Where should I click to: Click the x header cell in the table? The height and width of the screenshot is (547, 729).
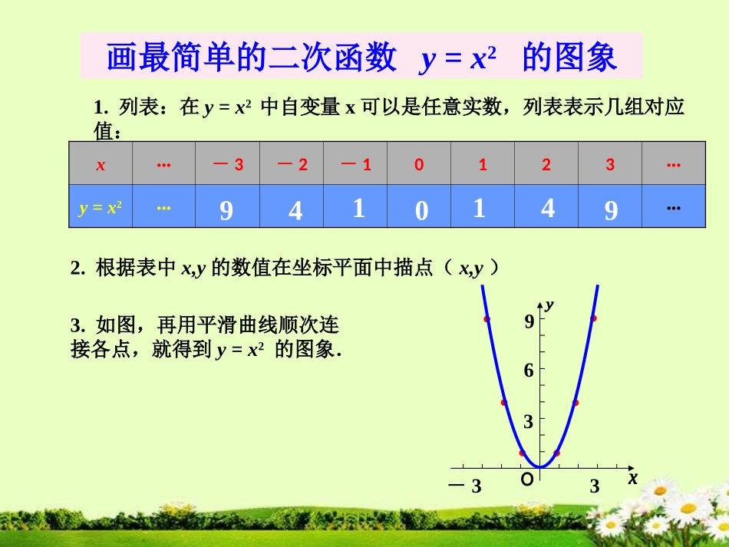[x=101, y=165]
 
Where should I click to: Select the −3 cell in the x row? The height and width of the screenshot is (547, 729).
[x=228, y=165]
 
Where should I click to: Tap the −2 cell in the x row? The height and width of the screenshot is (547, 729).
[x=292, y=165]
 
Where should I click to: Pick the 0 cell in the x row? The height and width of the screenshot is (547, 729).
[x=419, y=165]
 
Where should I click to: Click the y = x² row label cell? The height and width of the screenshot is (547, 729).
[x=101, y=207]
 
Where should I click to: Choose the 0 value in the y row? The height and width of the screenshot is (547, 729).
[x=421, y=210]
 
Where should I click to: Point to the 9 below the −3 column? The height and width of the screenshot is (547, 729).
[x=226, y=210]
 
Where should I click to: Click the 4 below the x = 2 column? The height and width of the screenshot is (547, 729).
[x=547, y=208]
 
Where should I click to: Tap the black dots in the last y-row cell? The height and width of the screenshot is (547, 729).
[x=674, y=207]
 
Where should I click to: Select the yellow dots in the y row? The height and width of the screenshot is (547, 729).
[x=163, y=207]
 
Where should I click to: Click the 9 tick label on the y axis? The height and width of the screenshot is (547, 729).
[x=529, y=322]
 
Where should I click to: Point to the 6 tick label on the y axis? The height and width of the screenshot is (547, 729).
[x=529, y=371]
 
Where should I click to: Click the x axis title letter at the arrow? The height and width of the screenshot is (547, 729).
[x=632, y=478]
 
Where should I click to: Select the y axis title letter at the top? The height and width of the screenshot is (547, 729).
[x=549, y=305]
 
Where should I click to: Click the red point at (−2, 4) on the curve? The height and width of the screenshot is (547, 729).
[x=504, y=402]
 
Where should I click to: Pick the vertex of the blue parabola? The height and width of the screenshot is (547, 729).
[x=540, y=466]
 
